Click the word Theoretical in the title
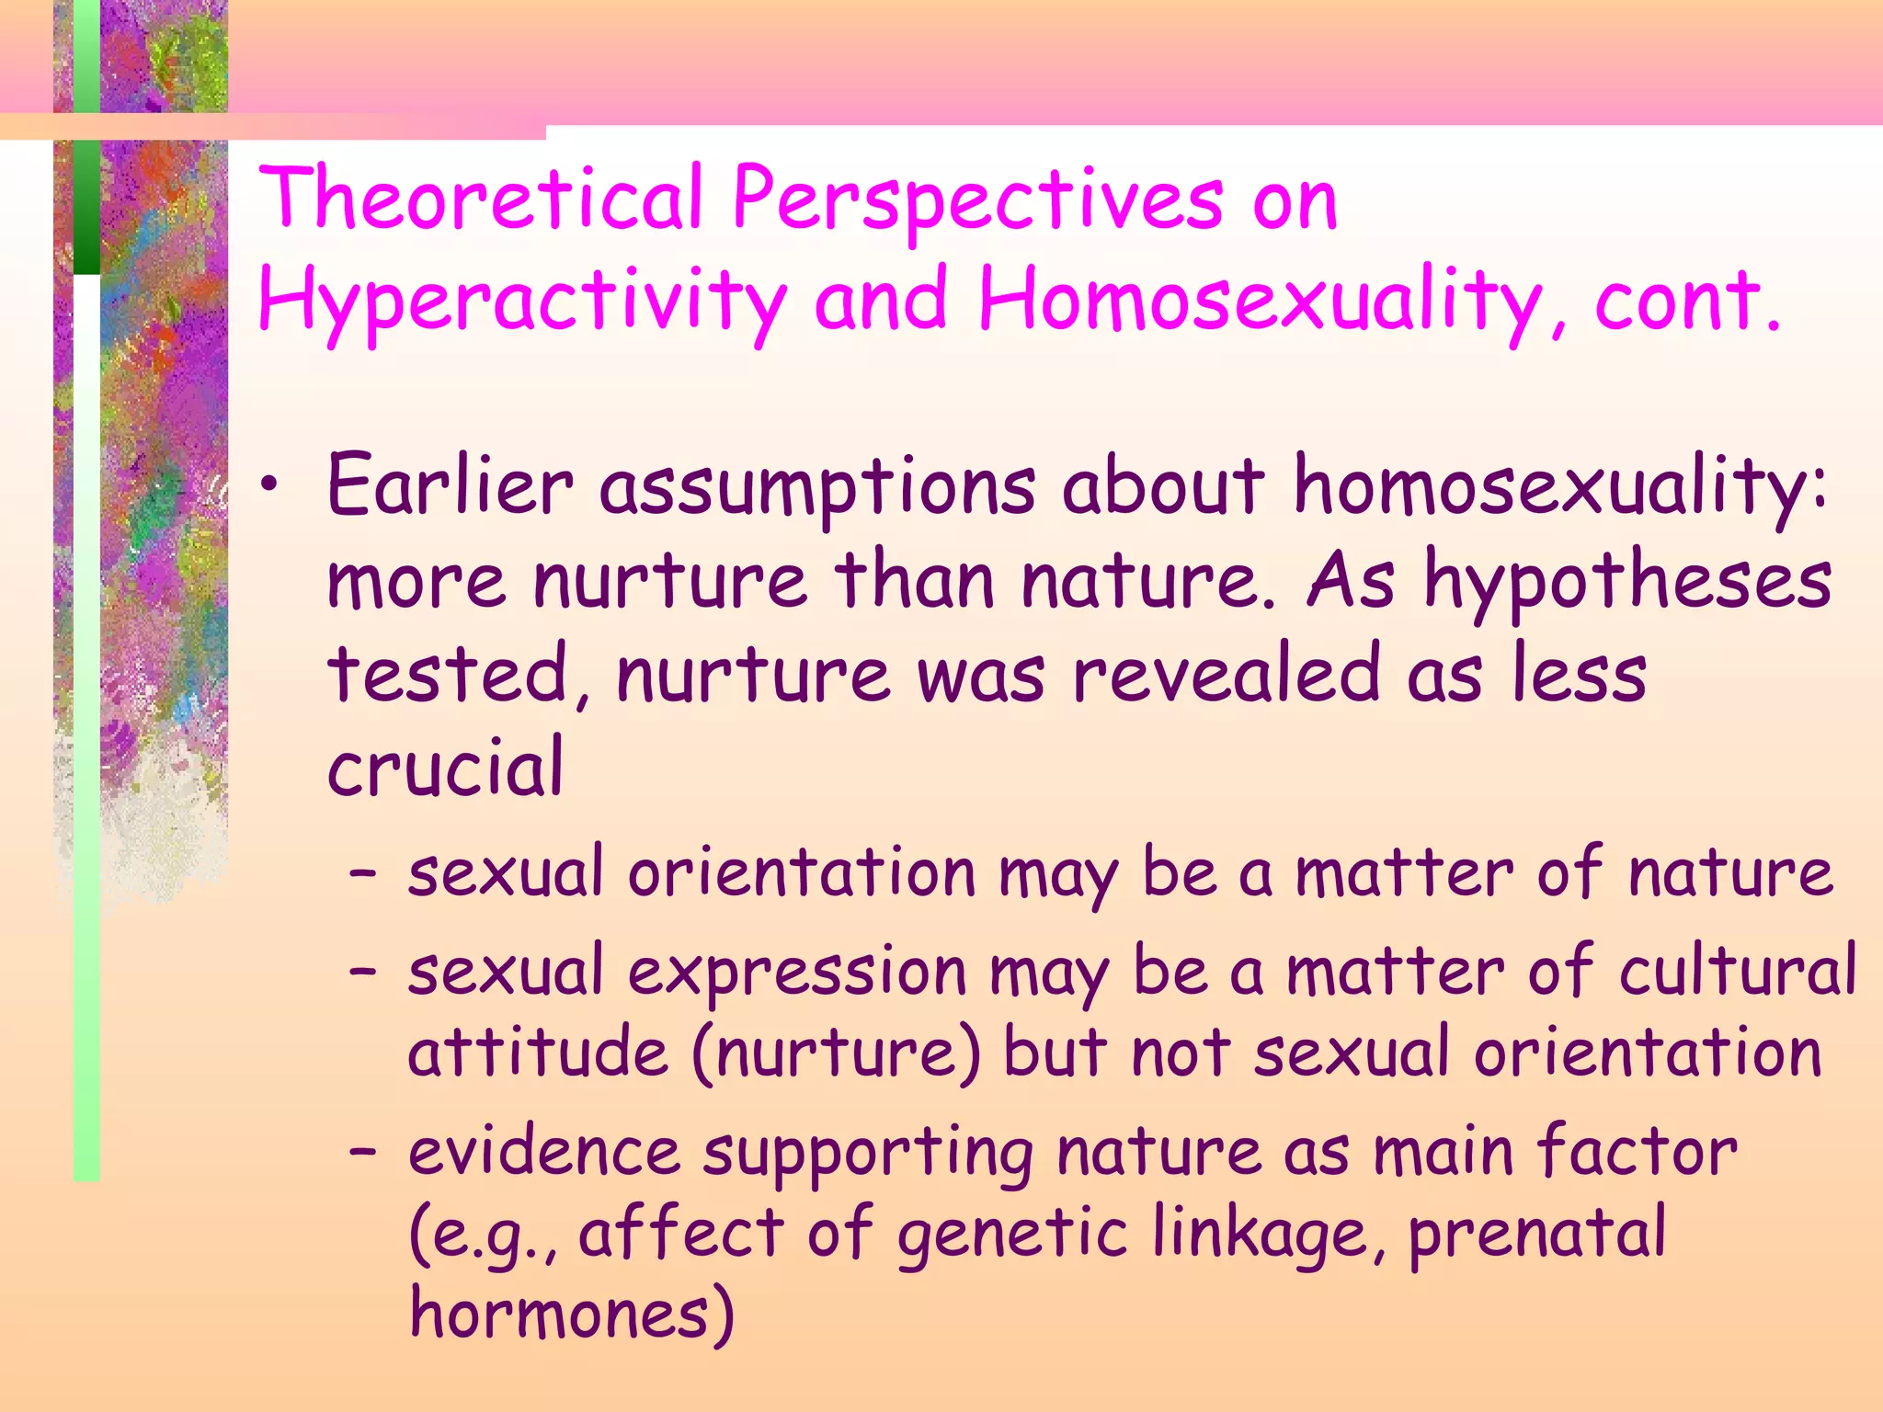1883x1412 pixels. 481,198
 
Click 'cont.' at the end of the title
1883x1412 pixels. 1688,300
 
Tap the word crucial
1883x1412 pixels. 445,769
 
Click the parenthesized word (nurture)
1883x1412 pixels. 836,1053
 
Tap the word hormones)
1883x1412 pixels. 571,1313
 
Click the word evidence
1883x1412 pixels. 543,1151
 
